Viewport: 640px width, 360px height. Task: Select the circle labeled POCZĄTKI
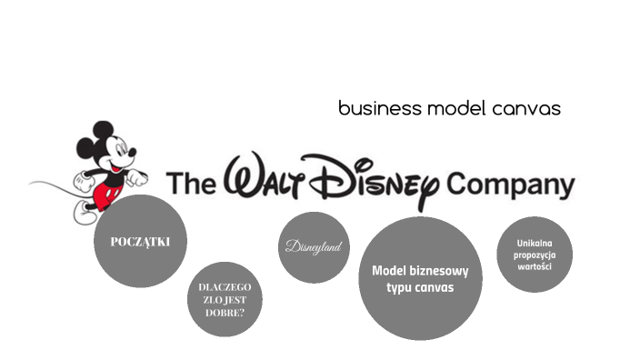click(x=140, y=241)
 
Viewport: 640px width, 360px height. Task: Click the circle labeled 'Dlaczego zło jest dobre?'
click(x=225, y=299)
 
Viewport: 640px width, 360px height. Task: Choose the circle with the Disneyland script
click(x=314, y=247)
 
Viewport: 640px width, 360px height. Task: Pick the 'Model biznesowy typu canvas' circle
click(x=420, y=278)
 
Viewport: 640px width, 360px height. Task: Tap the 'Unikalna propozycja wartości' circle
click(x=535, y=255)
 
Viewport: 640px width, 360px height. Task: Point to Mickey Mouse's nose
click(x=133, y=153)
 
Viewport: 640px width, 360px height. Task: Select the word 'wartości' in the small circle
click(x=535, y=266)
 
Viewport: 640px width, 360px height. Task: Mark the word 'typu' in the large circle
click(x=401, y=287)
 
